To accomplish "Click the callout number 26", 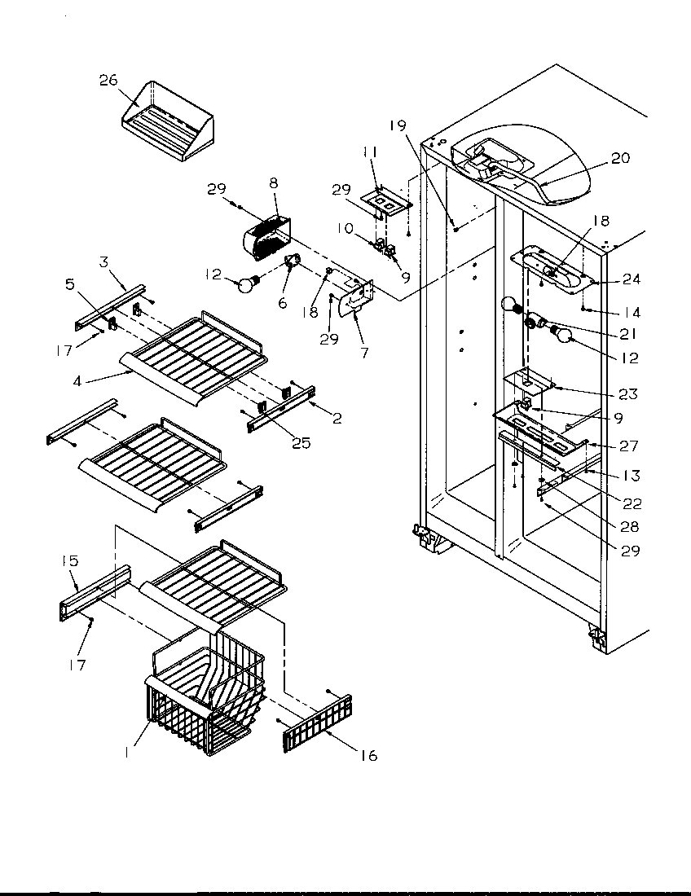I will [109, 80].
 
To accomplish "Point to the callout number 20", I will [620, 158].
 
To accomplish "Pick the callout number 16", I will [369, 756].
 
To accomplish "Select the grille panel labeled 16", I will [316, 723].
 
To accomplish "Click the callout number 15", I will [71, 561].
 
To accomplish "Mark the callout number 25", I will [301, 444].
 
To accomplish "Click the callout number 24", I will [631, 279].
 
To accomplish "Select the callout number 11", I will [370, 152].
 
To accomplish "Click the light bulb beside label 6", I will [246, 283].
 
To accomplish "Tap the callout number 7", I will [363, 353].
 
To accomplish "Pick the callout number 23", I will [627, 393].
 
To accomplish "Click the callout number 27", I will [629, 446].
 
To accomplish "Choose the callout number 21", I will [627, 333].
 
